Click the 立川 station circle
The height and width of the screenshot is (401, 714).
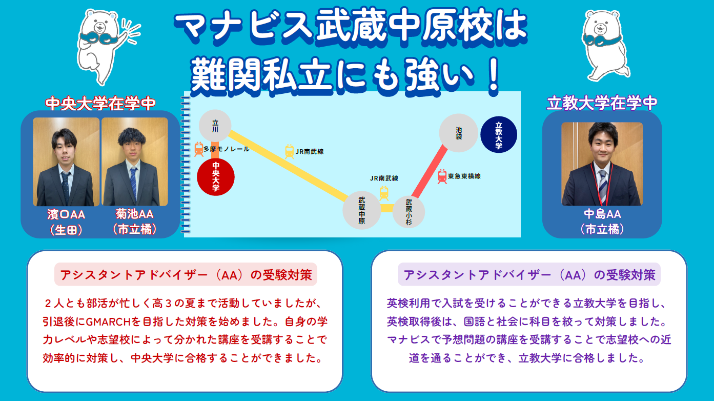[x=215, y=126]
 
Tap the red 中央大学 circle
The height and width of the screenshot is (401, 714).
[x=216, y=177]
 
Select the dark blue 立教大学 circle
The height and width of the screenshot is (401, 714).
[x=499, y=135]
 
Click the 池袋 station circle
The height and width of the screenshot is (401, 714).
[x=459, y=133]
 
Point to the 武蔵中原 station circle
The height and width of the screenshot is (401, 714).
[x=362, y=210]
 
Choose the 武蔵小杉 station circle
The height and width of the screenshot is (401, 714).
[x=409, y=212]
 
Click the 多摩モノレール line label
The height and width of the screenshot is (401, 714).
[x=227, y=149]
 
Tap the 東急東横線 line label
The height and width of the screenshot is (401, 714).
[x=464, y=176]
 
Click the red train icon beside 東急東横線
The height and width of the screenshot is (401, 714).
[x=442, y=176]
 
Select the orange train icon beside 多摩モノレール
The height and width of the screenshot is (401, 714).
[x=199, y=149]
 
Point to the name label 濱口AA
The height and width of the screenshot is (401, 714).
[x=66, y=214]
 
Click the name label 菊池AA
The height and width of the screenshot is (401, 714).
[x=134, y=214]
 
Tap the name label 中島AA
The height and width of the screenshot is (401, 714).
[x=602, y=214]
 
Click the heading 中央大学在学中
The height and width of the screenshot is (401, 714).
[x=100, y=104]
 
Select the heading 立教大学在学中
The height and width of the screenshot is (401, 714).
[x=602, y=103]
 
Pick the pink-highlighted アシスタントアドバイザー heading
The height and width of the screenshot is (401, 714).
[x=186, y=274]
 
